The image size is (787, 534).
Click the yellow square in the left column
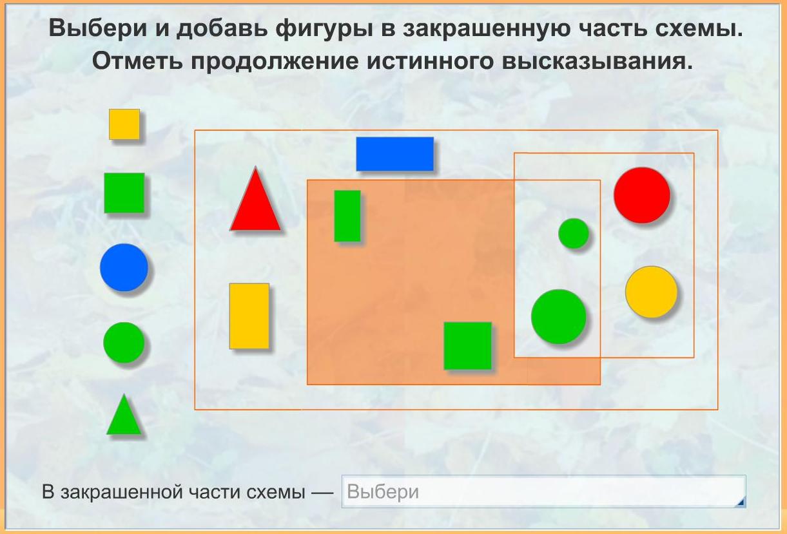pos(124,124)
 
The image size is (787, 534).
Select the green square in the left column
pos(124,193)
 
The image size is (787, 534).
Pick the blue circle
pos(124,267)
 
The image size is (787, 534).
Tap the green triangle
pos(124,415)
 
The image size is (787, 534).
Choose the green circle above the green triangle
pos(124,343)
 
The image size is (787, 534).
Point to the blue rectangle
pos(395,154)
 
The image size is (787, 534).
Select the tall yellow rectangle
pos(249,316)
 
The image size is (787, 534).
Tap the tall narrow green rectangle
pos(347,216)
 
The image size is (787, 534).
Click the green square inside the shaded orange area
pos(468,346)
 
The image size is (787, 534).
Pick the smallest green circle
pos(574,233)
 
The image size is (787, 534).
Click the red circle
pos(642,195)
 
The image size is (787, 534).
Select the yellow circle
pos(652,292)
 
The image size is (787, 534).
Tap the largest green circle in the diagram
pos(559,316)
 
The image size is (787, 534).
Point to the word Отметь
pos(138,61)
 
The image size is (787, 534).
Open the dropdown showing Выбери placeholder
pos(543,491)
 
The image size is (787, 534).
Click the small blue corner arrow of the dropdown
pos(741,502)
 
